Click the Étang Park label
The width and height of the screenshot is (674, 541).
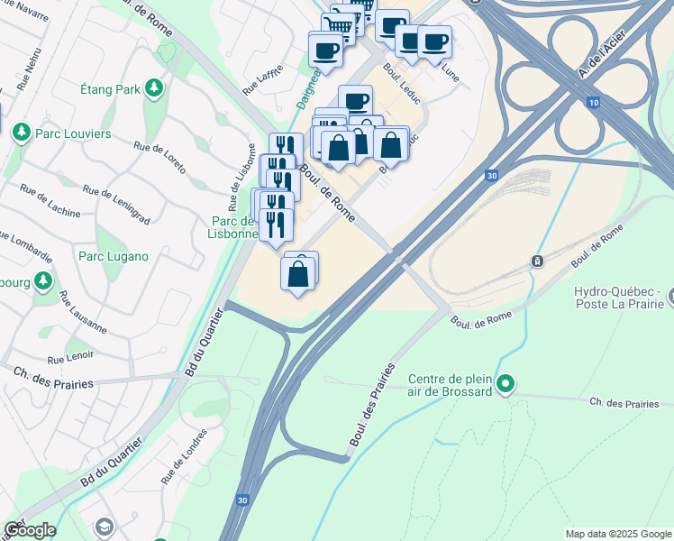[x=110, y=89]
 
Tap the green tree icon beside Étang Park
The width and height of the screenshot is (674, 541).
[x=155, y=87]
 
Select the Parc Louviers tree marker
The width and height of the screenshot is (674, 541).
[x=20, y=133]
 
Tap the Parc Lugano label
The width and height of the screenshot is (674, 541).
[x=113, y=256]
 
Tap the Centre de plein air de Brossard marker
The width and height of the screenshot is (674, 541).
[x=505, y=385]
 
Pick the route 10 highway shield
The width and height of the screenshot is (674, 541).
[x=593, y=103]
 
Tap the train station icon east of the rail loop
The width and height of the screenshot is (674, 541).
[x=537, y=261]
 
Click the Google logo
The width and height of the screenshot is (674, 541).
[x=29, y=530]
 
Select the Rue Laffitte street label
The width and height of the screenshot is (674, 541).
[x=263, y=79]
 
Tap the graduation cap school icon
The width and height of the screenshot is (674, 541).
[x=105, y=526]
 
